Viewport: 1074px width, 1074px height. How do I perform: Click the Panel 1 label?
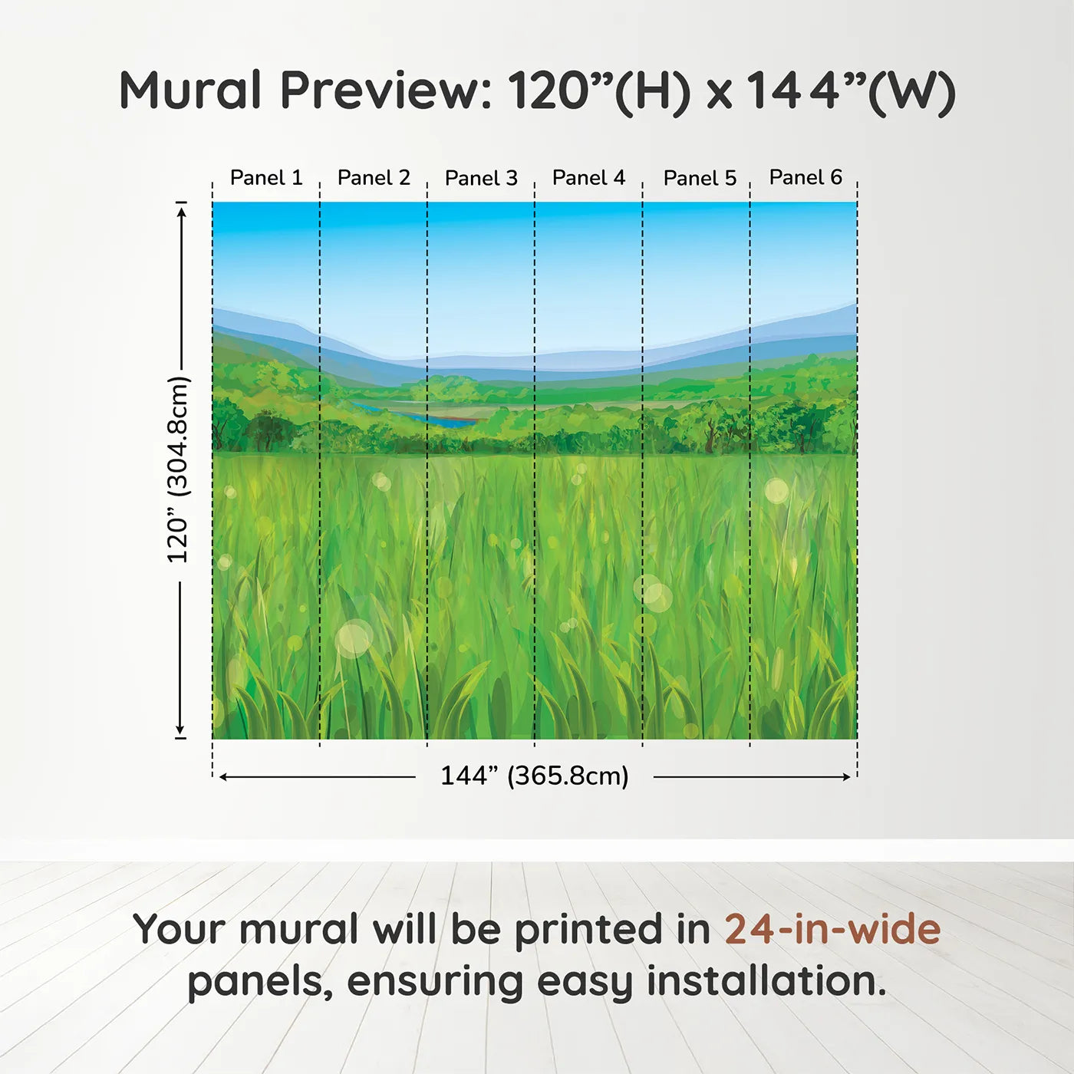(266, 178)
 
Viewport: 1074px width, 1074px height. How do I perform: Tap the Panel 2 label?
(374, 178)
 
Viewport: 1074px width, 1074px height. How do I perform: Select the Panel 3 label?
(481, 178)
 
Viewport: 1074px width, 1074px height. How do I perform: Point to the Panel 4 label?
(588, 178)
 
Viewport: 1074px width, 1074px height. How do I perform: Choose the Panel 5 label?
(700, 178)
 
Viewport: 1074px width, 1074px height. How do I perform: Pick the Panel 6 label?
(805, 177)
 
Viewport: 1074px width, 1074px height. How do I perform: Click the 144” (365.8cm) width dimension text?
(534, 776)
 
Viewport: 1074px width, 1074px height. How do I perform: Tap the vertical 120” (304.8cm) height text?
(178, 469)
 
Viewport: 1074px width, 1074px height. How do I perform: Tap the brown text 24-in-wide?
(832, 929)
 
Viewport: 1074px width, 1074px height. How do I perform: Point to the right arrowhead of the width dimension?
(846, 777)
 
